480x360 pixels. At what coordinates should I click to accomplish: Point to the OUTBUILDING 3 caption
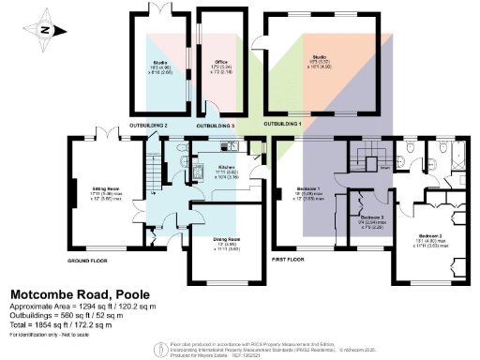point(215,125)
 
